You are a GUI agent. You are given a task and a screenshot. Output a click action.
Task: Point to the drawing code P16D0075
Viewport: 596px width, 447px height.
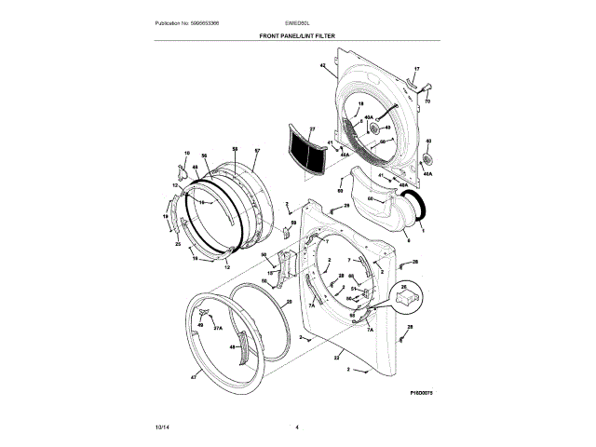coord(422,393)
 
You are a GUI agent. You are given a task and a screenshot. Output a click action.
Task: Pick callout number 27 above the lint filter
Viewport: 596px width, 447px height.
coord(313,128)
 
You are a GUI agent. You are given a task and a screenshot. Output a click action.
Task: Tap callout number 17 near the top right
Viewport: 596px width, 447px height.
coord(416,70)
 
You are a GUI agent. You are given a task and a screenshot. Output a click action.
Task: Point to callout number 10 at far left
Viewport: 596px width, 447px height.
coord(185,153)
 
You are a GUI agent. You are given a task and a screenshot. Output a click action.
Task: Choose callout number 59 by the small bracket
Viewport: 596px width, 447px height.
coord(294,223)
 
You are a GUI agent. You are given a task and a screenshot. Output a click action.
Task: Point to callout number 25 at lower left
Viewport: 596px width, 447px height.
coord(177,243)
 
